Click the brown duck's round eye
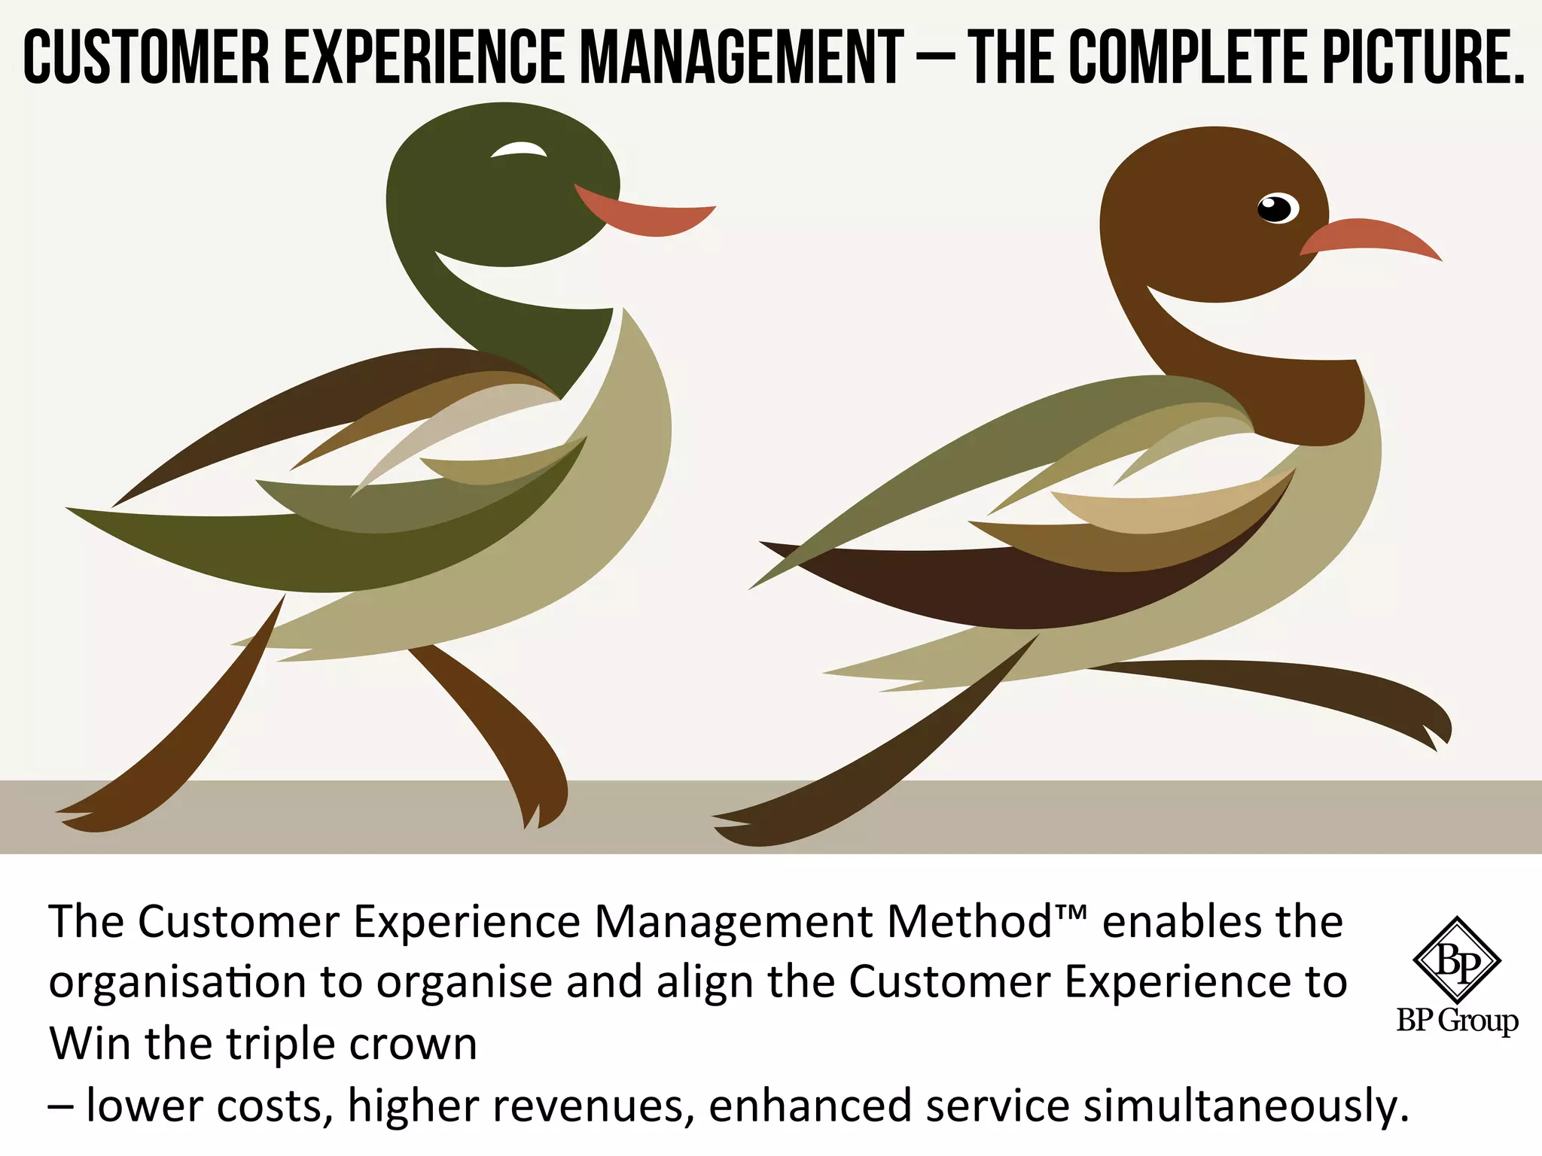(x=1277, y=208)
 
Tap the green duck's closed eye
(x=520, y=151)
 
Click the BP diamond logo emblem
(x=1456, y=960)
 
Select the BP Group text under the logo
(x=1457, y=1021)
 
